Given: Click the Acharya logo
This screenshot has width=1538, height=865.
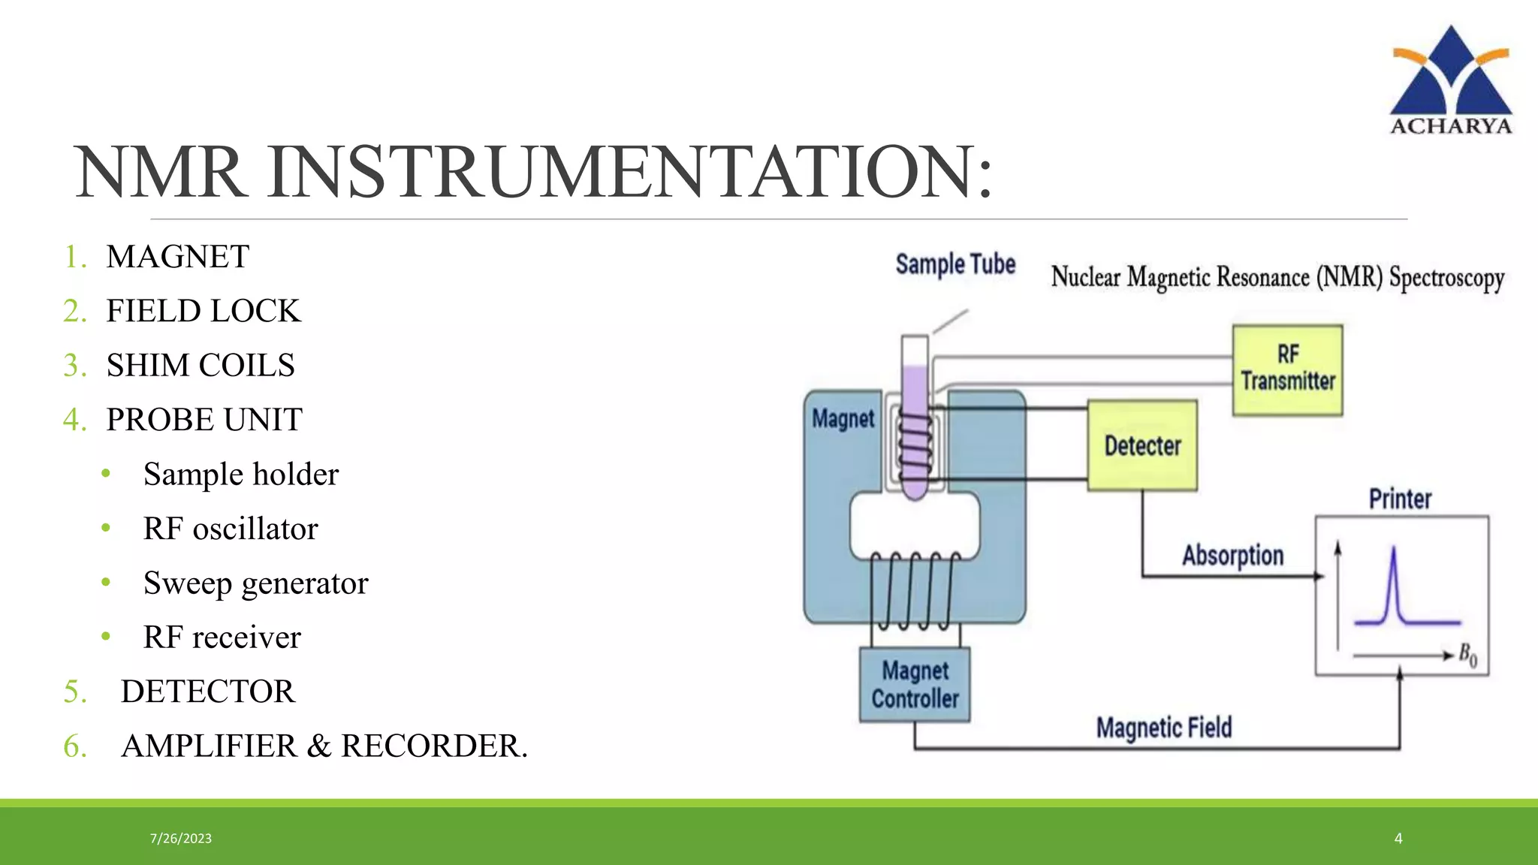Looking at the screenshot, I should pos(1450,81).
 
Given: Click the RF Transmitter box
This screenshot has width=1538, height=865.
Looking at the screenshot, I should pos(1287,369).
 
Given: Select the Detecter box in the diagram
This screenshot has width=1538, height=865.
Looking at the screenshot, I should pos(1142,446).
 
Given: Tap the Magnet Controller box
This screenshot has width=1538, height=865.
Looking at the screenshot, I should pos(915,684).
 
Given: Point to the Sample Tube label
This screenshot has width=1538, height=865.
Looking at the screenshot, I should pos(955,264).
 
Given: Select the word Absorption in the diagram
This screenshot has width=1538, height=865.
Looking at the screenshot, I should pos(1232,556).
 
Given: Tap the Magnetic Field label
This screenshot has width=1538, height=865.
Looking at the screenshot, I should pos(1164,727).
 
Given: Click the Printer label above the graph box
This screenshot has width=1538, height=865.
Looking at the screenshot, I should pos(1400,499).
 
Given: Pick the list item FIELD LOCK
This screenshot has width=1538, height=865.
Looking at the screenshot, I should pos(204,311).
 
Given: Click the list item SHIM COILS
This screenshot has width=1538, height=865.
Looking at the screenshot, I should pos(201,366).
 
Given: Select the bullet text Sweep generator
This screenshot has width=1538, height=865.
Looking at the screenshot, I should pos(255,583).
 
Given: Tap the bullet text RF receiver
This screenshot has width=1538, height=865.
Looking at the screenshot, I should pos(222,637).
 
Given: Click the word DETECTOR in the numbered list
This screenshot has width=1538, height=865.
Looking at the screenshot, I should pos(208,692).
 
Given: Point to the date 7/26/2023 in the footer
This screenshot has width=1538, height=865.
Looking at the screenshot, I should pos(181,838).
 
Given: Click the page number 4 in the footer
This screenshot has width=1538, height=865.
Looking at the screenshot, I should pos(1398,838).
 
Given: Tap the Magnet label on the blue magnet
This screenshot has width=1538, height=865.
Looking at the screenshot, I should pos(843,418).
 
